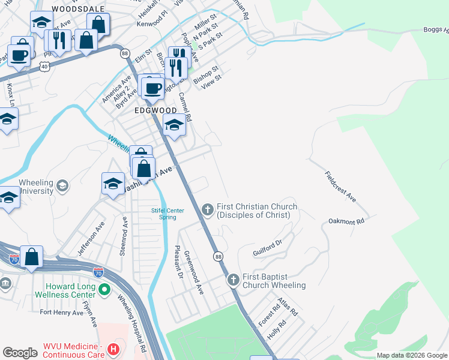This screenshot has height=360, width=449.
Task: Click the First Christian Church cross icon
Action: tap(207, 209)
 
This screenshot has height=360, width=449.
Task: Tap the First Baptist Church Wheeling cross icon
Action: tap(233, 280)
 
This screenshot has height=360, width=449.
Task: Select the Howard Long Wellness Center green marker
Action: tap(104, 290)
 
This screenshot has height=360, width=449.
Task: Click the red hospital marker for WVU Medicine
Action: tap(112, 349)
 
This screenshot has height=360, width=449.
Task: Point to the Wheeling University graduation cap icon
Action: tap(62, 186)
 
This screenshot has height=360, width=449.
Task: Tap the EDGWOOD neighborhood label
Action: tap(155, 110)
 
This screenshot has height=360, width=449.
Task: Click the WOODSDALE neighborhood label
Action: tap(78, 9)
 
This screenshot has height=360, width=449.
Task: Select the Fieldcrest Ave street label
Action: tap(340, 187)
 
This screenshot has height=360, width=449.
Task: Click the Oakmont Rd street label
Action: tap(347, 221)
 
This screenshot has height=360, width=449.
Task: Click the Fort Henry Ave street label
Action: tap(61, 313)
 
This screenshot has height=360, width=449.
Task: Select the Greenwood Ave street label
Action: tap(194, 272)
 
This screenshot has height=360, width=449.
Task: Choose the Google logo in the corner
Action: tap(20, 353)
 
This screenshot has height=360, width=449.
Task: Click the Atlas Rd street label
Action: tap(289, 307)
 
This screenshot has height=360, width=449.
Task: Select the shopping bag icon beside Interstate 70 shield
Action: tap(32, 257)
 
